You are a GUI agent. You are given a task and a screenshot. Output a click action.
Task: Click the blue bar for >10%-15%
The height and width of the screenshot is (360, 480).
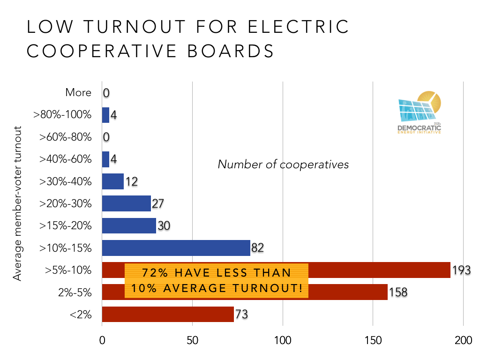tap(176, 248)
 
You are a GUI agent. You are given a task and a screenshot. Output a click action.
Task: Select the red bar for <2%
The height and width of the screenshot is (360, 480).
tap(167, 314)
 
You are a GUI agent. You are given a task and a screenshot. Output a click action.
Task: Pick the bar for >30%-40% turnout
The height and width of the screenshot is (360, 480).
tap(112, 181)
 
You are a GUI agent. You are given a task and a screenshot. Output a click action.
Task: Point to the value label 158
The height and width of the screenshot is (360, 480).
tap(398, 292)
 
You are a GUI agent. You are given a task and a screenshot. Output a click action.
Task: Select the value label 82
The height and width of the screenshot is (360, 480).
tap(258, 248)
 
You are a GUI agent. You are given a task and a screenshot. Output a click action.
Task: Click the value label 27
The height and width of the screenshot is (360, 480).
tap(158, 204)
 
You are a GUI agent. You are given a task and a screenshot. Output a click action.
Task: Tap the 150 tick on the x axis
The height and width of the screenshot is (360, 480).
tap(373, 340)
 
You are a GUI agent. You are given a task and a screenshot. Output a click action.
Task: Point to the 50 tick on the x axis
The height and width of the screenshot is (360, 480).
tap(192, 340)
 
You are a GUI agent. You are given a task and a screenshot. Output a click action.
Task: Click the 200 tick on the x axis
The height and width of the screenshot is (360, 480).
tap(463, 340)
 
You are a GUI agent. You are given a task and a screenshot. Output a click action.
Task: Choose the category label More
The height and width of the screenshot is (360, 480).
tap(78, 93)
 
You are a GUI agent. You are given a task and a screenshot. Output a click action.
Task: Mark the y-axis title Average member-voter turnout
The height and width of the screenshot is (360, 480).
tap(17, 203)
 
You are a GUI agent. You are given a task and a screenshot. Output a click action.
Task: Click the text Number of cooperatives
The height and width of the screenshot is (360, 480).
tap(283, 165)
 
